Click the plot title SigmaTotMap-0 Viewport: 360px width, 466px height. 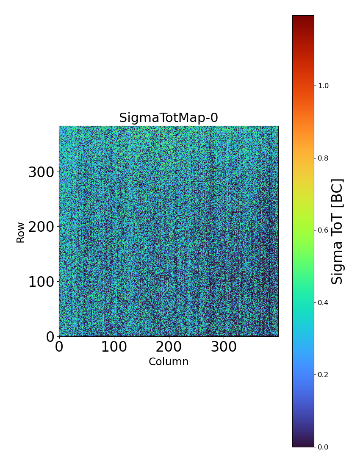169,118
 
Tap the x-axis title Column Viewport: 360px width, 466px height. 169,362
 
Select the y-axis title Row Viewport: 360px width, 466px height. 21,232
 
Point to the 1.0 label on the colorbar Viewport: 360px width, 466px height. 324,86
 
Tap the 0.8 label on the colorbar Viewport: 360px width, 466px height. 324,158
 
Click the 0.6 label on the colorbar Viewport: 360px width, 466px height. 324,230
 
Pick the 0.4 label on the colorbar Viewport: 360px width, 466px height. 324,302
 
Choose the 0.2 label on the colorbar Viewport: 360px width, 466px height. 324,374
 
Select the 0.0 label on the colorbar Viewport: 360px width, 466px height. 324,447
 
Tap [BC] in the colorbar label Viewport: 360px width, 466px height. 337,193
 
